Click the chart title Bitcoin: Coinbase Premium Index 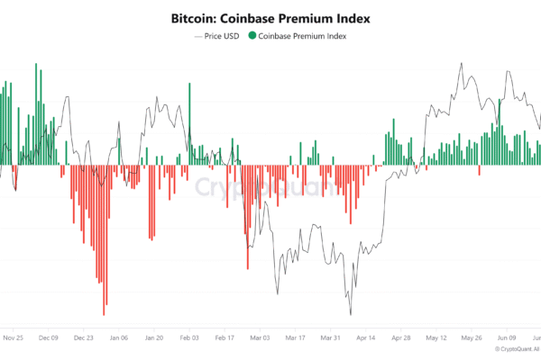[x=270, y=17]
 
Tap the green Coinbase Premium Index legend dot [x=252, y=37]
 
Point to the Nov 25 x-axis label [x=13, y=338]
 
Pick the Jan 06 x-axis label [x=118, y=338]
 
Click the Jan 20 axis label [x=153, y=338]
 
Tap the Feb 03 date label [x=189, y=338]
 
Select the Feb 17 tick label [x=225, y=338]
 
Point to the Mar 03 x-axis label [x=260, y=338]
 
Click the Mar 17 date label [x=295, y=338]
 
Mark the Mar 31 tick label [x=330, y=338]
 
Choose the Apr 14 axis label [x=365, y=338]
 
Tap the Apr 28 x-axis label [x=401, y=338]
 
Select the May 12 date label [x=436, y=338]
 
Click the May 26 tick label [x=472, y=338]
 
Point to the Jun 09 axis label [x=507, y=338]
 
